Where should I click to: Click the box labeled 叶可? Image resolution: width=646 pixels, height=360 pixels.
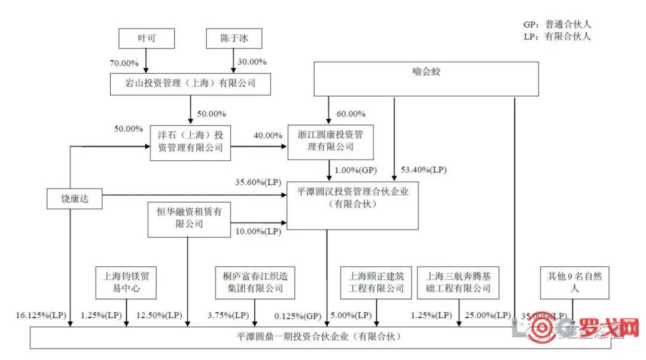(x=147, y=39)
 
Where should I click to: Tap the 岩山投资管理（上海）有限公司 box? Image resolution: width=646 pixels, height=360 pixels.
(x=191, y=83)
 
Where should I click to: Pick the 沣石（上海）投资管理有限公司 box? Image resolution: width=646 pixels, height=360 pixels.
(x=190, y=142)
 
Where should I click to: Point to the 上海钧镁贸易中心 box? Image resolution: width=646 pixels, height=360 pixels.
(x=126, y=282)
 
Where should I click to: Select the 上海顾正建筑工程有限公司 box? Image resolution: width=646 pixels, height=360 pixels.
(x=376, y=282)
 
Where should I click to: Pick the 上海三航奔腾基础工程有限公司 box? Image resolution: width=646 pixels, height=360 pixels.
(x=458, y=282)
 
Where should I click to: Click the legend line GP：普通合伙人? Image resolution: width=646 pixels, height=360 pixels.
(x=556, y=25)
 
